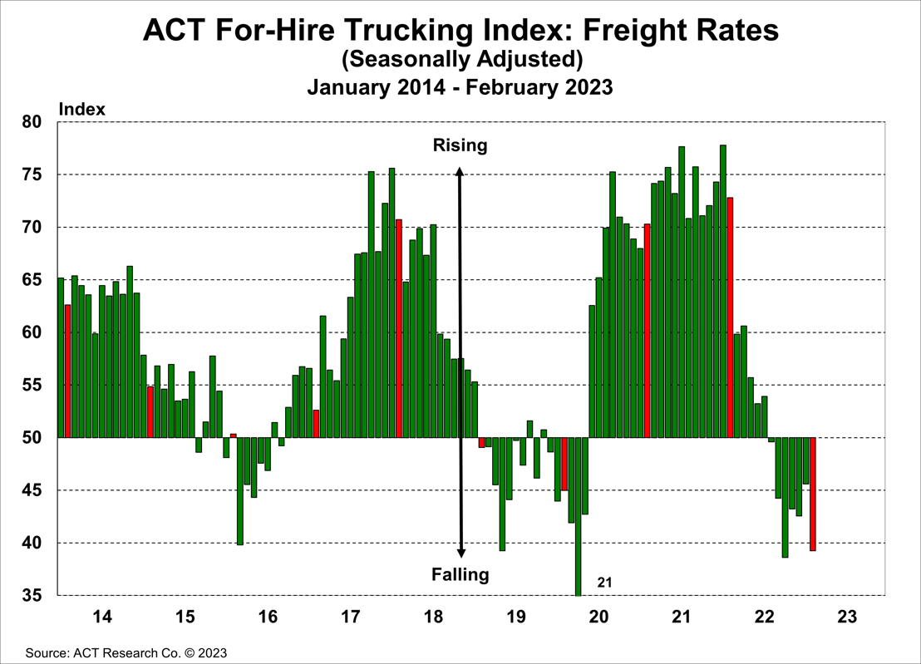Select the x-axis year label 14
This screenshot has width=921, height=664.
pos(102,617)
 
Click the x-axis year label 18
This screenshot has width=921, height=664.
pos(433,617)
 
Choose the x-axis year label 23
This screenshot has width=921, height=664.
pos(846,617)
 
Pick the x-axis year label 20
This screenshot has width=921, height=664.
pos(598,617)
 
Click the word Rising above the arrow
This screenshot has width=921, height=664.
pos(460,146)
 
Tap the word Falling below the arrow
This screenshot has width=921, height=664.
pos(460,574)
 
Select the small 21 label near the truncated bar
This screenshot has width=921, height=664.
pos(604,583)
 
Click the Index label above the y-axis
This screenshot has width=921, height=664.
pos(81,109)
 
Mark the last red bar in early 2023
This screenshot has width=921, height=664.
pos(812,494)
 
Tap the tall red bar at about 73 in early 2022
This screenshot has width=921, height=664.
pos(730,317)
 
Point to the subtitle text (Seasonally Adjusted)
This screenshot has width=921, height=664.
pos(460,59)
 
